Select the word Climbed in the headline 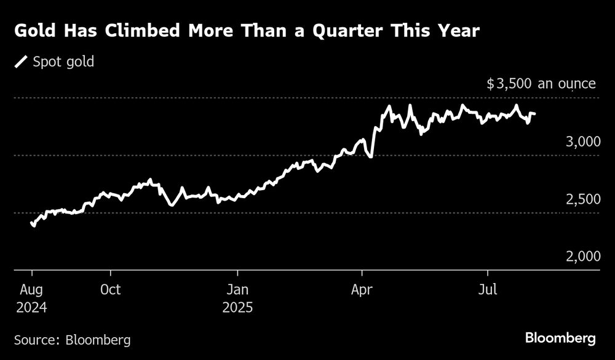149,30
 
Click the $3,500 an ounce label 541,84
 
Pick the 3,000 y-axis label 582,142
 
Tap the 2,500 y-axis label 582,199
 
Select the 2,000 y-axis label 582,257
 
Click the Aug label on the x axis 32,289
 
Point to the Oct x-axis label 111,289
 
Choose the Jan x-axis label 237,289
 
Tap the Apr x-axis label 362,289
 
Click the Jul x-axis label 488,289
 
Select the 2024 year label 32,306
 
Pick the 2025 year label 237,306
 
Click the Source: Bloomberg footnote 73,340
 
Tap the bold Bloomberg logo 560,338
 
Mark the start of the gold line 32,224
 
